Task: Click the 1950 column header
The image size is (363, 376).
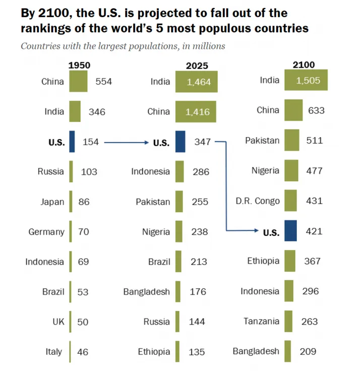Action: (79, 65)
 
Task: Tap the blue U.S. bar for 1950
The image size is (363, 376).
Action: (72, 142)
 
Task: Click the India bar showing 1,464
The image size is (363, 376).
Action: (196, 82)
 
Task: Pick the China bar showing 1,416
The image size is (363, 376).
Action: (196, 111)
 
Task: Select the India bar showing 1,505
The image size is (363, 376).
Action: (306, 80)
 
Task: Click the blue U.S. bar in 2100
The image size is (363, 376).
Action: (290, 232)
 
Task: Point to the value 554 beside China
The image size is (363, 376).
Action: (104, 81)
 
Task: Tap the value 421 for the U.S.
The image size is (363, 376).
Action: (314, 232)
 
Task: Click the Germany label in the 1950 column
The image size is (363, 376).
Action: (46, 232)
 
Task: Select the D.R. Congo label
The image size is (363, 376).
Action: (257, 201)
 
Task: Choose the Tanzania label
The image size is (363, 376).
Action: (262, 321)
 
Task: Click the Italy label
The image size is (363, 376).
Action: (54, 352)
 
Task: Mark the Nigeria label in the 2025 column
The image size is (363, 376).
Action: (156, 232)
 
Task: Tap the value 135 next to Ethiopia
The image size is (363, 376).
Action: (197, 352)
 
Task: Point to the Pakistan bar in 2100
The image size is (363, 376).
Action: (291, 141)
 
